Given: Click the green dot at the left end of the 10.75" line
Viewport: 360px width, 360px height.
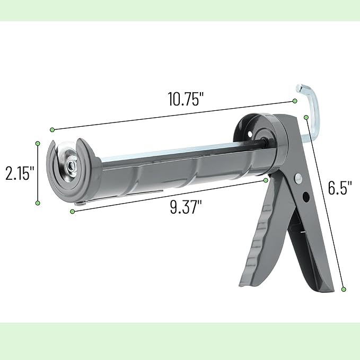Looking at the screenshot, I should pyautogui.click(x=52, y=129).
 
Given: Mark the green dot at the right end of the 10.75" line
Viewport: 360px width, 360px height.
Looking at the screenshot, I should pyautogui.click(x=295, y=101).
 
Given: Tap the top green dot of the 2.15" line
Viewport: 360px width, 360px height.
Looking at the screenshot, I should pyautogui.click(x=38, y=143).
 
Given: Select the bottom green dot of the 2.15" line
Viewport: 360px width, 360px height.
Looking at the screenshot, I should pyautogui.click(x=38, y=203).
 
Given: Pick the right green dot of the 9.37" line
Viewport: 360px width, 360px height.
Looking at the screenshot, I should pyautogui.click(x=266, y=180).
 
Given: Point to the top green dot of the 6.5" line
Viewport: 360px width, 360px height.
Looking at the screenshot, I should pyautogui.click(x=306, y=117).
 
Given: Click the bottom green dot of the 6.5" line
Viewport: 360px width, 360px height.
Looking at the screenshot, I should pyautogui.click(x=344, y=289).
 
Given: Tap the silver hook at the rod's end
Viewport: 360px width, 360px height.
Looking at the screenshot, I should pyautogui.click(x=310, y=106).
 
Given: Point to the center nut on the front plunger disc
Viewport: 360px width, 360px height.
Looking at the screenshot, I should pyautogui.click(x=70, y=165).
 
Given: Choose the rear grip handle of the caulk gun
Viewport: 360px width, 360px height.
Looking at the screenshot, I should pyautogui.click(x=313, y=249).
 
